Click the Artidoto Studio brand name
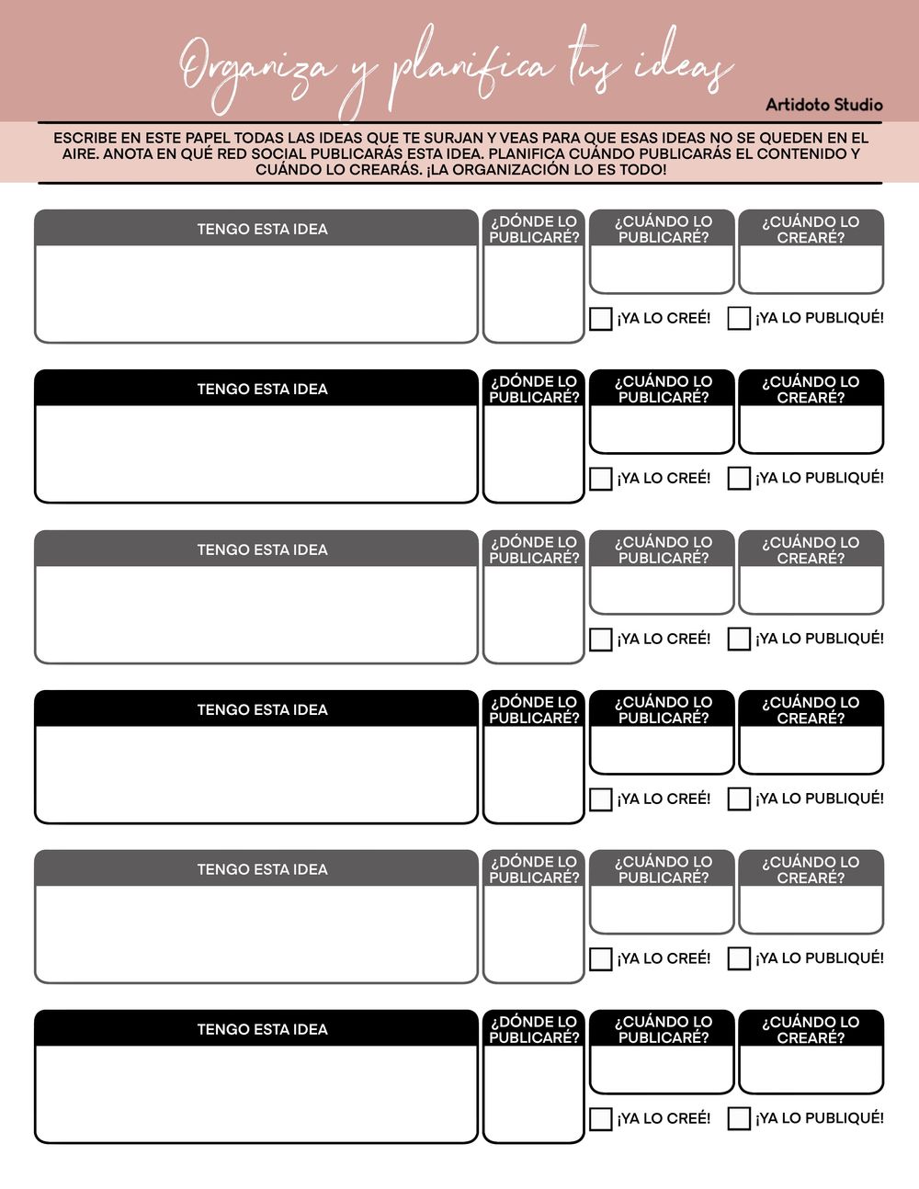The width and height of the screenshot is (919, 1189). [x=823, y=105]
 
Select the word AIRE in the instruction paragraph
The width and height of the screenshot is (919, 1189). [x=80, y=154]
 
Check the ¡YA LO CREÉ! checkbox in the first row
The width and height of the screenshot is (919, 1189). [x=600, y=319]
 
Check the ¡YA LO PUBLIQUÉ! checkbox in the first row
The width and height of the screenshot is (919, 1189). [x=739, y=319]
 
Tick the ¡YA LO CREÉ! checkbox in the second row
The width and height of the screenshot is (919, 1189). [x=600, y=479]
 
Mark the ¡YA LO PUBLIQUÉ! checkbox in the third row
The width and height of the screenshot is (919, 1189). [x=739, y=639]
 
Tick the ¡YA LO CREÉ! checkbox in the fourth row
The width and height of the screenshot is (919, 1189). [x=600, y=799]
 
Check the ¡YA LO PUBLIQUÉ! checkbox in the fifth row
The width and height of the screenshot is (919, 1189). [x=739, y=959]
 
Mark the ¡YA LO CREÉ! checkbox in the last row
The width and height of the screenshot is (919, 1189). [x=600, y=1119]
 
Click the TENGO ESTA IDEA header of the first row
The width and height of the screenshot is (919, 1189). [x=262, y=230]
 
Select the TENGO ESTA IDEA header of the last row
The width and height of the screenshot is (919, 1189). [x=262, y=1030]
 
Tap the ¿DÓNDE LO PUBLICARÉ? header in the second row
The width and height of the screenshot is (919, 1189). [x=534, y=390]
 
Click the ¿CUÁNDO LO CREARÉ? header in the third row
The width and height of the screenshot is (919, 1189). [x=811, y=550]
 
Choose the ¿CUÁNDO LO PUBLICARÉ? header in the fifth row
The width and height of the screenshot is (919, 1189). [x=663, y=870]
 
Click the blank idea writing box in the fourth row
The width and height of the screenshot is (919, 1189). [x=256, y=774]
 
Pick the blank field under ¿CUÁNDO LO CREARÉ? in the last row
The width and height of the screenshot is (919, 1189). [x=811, y=1069]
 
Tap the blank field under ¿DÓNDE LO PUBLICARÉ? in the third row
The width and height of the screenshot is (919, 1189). [x=534, y=613]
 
